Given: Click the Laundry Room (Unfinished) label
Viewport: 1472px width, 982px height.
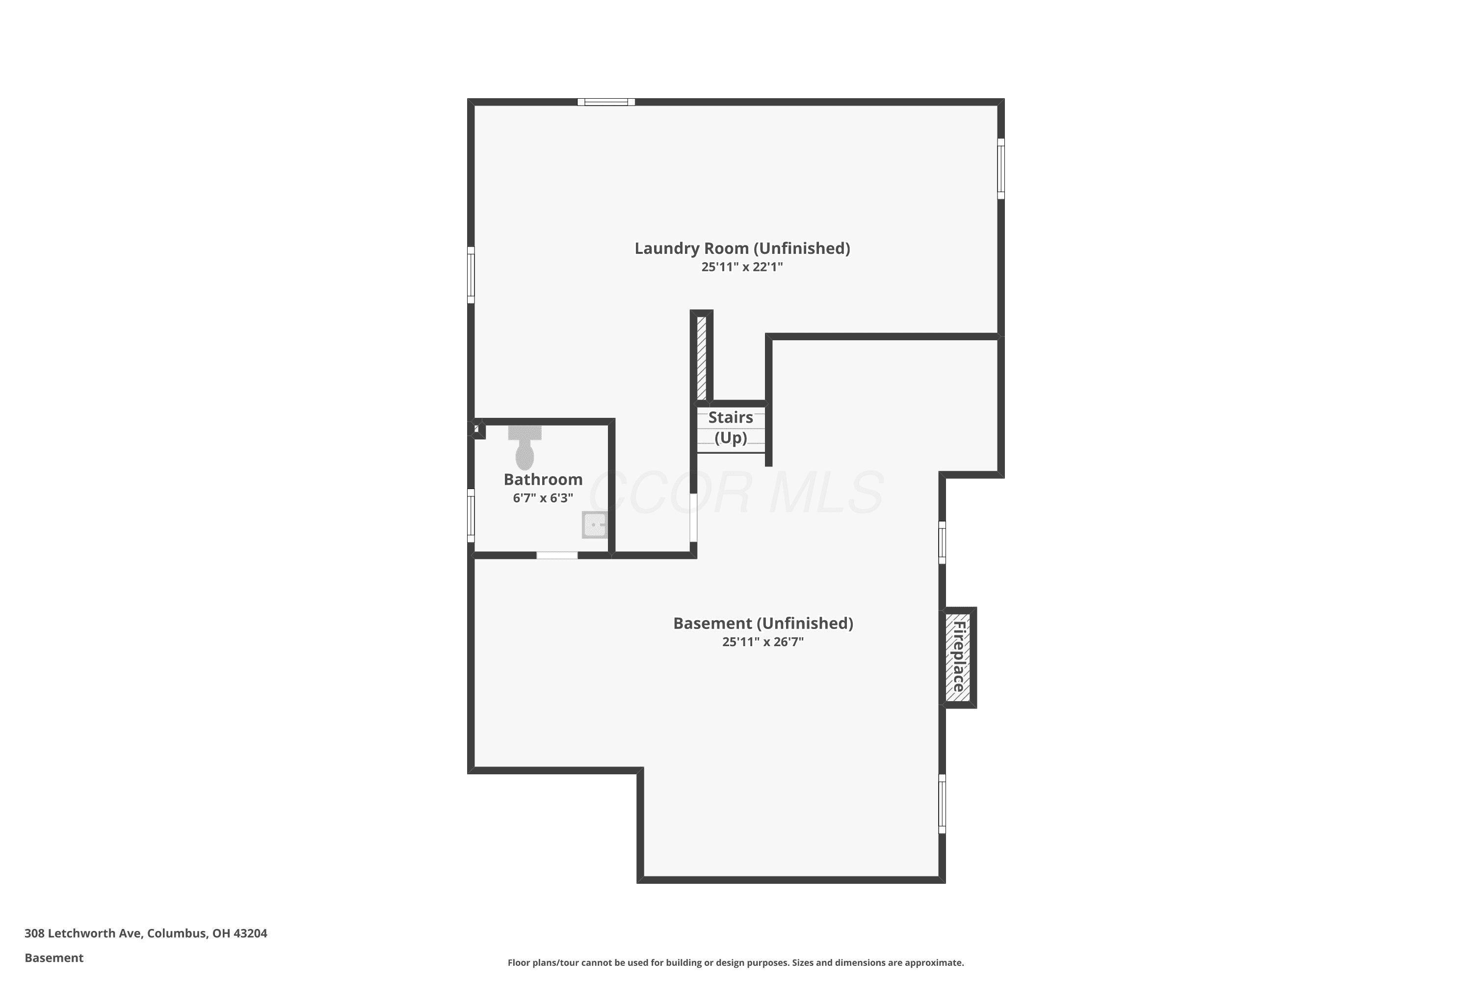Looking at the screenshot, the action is (x=742, y=248).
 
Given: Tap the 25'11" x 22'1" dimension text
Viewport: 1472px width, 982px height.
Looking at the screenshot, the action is (x=742, y=267).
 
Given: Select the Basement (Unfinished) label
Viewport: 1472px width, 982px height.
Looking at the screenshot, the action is (x=763, y=624).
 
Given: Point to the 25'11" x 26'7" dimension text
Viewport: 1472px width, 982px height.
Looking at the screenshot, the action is (x=763, y=642).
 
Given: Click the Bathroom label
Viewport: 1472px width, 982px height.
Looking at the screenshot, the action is (x=543, y=480).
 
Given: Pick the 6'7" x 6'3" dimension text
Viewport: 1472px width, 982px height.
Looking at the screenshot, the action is (x=543, y=498).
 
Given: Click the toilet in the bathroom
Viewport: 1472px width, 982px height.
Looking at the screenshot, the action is (x=525, y=448).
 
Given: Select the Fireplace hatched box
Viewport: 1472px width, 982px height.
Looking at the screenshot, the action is (x=958, y=657).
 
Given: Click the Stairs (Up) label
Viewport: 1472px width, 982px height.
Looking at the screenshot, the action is (x=731, y=427).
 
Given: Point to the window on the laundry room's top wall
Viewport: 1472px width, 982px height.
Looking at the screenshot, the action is (x=606, y=102).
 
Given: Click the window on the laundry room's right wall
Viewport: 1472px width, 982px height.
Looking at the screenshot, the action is (x=1001, y=169).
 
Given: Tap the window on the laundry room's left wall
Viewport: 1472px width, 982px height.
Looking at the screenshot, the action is (x=471, y=275).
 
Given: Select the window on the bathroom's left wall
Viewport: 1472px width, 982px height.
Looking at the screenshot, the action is (x=471, y=516).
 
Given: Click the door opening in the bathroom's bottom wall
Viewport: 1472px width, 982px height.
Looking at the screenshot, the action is (x=557, y=555).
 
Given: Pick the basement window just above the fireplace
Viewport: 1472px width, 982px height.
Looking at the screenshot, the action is (x=942, y=543).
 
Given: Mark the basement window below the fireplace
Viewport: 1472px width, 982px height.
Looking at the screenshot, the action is (x=942, y=803).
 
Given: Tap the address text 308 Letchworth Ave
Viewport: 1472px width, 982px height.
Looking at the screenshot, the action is (x=84, y=933).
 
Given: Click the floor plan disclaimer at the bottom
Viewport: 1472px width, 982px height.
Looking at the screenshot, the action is (x=736, y=962).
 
